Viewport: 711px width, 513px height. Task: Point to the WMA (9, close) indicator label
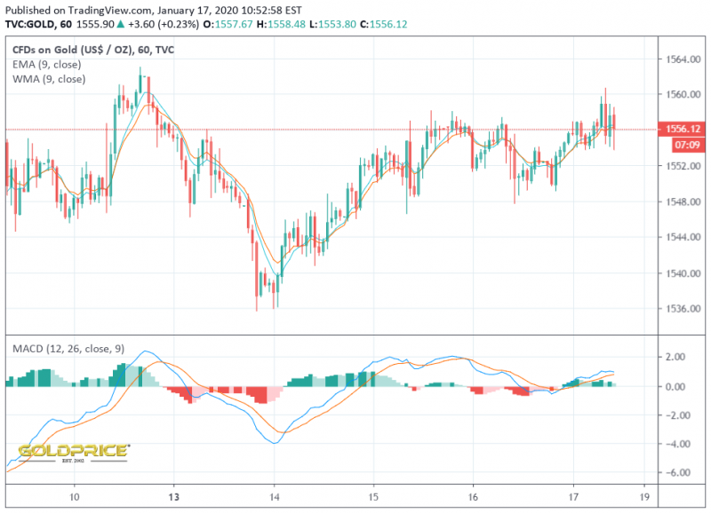[50, 79]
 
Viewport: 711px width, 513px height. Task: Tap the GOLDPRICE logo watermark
[73, 452]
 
